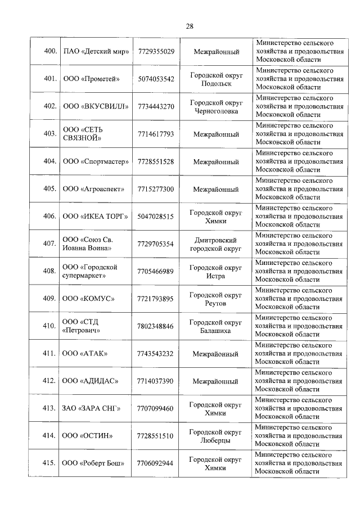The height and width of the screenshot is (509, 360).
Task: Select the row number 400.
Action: pyautogui.click(x=51, y=52)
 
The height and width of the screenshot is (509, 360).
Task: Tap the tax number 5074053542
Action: pyautogui.click(x=156, y=79)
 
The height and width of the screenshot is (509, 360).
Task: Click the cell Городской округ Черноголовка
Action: pyautogui.click(x=216, y=106)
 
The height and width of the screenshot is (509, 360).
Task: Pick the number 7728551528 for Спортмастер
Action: pyautogui.click(x=156, y=161)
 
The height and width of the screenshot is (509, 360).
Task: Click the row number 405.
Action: pyautogui.click(x=51, y=189)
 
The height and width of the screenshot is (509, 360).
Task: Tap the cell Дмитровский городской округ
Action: pyautogui.click(x=216, y=244)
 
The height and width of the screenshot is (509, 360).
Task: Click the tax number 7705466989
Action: pyautogui.click(x=156, y=271)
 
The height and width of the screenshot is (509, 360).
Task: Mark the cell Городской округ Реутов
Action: pyautogui.click(x=216, y=299)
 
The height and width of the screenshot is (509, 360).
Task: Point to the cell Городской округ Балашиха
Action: pyautogui.click(x=216, y=326)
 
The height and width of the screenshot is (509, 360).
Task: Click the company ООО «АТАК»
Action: pyautogui.click(x=85, y=353)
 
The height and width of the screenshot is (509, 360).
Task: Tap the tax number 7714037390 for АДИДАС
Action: pyautogui.click(x=156, y=381)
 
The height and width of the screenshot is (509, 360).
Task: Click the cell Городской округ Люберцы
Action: pyautogui.click(x=216, y=436)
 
